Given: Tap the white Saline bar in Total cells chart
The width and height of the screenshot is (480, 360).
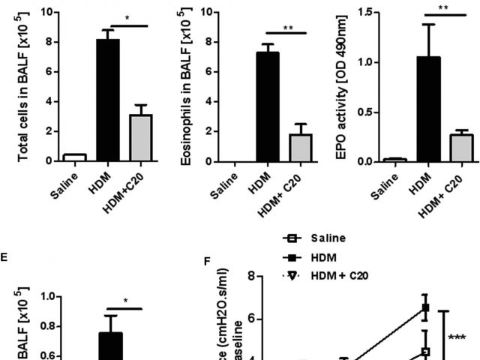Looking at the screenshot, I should [74, 157].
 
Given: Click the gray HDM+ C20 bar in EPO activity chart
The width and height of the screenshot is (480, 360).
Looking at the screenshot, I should [460, 148].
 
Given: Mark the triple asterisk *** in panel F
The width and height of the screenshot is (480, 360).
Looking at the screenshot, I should [457, 338].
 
